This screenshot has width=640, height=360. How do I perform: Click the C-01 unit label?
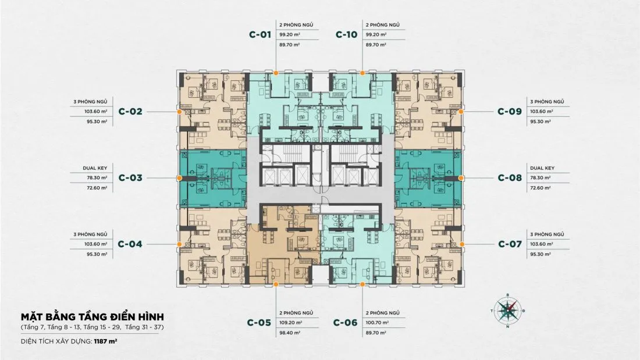pos(260,35)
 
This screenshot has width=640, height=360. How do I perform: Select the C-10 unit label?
pos(347,35)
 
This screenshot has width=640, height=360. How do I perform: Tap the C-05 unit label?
pos(259,322)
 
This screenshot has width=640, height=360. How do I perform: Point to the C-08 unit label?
pos(510,177)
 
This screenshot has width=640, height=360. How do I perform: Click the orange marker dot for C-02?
pos(179,112)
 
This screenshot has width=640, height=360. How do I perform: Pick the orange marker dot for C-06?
pos(362,284)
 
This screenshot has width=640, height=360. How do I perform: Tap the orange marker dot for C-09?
pos(461,112)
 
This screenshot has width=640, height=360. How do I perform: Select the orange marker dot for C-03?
pos(179,178)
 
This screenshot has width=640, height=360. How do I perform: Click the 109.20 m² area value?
pos(290,322)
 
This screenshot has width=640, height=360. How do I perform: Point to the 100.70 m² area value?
pos(377,322)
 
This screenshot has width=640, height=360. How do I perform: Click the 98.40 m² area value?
pos(290,333)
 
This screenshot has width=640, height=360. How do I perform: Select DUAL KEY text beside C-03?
pos(95,167)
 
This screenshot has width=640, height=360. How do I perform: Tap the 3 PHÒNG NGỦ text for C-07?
pos(547,234)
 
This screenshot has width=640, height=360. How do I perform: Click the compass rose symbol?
pos(508,311)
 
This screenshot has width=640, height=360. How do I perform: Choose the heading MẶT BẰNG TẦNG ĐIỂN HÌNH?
pos(93,317)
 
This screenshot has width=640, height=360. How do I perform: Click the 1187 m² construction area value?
pos(106,341)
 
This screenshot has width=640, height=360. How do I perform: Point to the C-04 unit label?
pos(130,244)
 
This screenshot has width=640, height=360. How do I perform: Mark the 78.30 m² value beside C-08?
pos(542,178)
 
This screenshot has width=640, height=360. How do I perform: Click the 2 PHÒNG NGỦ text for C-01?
pos(296,25)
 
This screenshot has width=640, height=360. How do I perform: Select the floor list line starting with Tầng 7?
pos(93,327)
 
